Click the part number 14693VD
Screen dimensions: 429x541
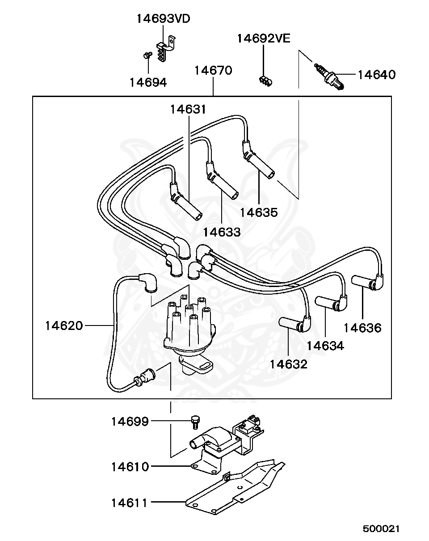click(164, 19)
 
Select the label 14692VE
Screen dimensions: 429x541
click(264, 38)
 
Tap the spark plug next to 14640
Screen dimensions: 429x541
click(329, 76)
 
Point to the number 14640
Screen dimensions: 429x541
click(376, 75)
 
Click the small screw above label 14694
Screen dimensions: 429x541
click(147, 55)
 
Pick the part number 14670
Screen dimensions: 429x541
click(213, 70)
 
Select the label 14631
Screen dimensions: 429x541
click(188, 110)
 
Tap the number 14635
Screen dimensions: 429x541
click(259, 212)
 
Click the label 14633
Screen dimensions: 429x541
click(222, 232)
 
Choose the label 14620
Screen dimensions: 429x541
click(64, 325)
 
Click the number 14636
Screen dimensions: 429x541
click(362, 328)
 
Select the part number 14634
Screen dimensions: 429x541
click(325, 346)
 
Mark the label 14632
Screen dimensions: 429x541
click(289, 364)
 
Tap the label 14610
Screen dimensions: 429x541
click(130, 467)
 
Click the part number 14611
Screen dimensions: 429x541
click(129, 503)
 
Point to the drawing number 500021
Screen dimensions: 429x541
click(381, 529)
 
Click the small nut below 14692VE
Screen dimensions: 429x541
click(265, 81)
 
